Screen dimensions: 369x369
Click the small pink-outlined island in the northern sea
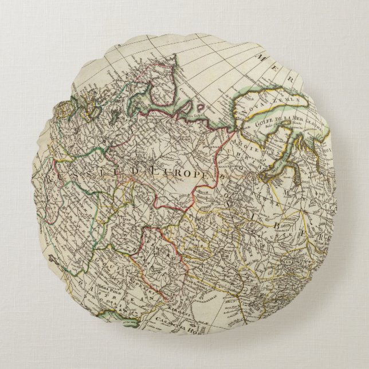click(x=200, y=107)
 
